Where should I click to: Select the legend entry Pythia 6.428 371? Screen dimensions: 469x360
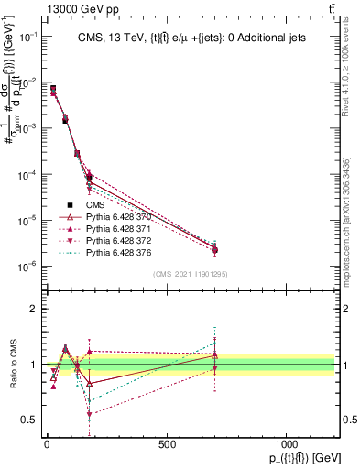coord(118,228)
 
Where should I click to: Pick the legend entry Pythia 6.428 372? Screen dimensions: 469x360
coord(118,240)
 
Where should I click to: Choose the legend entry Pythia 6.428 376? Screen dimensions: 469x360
coord(118,252)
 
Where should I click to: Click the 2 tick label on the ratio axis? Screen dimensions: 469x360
coord(33,309)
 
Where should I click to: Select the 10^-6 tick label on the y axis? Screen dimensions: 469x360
coord(27,267)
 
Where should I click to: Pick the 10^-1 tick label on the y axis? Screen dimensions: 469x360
coord(27,36)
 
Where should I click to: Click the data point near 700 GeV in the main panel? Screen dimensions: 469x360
coord(214,250)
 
